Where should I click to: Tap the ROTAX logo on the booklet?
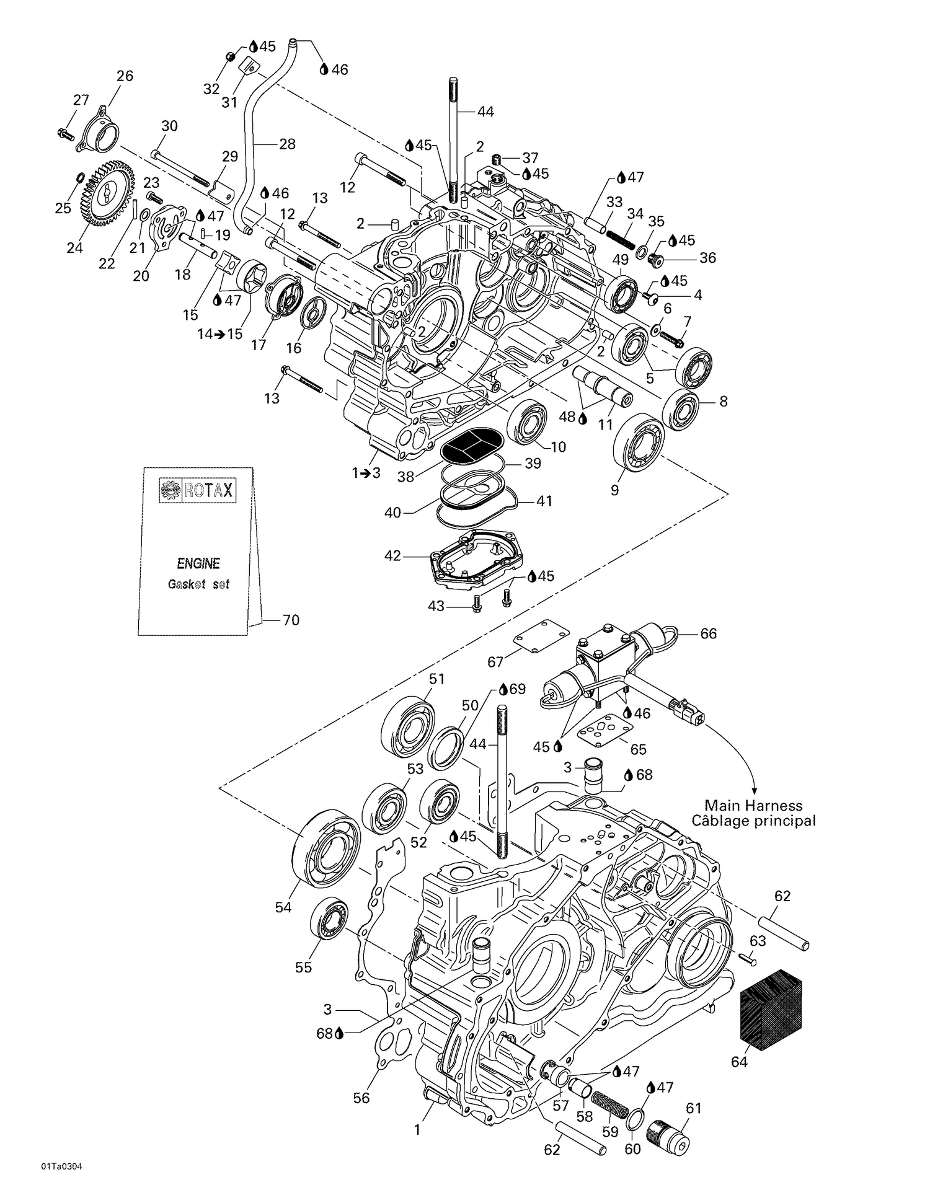click(198, 490)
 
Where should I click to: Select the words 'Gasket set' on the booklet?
click(198, 584)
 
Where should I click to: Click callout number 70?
click(291, 620)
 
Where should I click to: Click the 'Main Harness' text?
click(753, 806)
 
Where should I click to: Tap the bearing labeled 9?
click(639, 444)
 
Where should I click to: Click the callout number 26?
click(125, 76)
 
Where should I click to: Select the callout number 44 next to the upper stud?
click(485, 112)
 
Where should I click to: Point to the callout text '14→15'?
click(219, 333)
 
